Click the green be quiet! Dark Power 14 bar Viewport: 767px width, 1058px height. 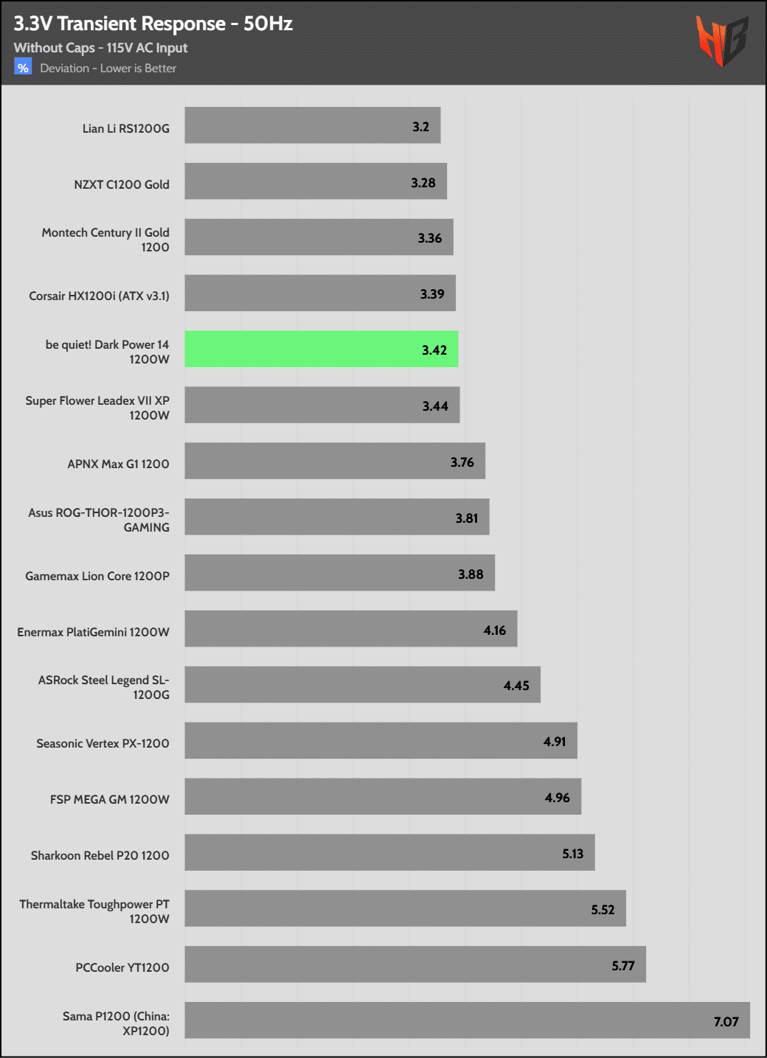[x=321, y=349]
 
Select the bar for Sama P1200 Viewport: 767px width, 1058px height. [x=467, y=1020]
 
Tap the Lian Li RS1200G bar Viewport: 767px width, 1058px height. [x=312, y=125]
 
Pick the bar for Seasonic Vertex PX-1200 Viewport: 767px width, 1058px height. [x=381, y=740]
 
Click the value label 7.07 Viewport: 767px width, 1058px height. [x=726, y=1022]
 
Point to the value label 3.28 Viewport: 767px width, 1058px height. [x=423, y=183]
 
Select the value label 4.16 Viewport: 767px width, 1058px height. [x=495, y=630]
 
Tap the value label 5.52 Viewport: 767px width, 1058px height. [x=603, y=910]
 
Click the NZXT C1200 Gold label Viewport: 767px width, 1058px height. [x=122, y=184]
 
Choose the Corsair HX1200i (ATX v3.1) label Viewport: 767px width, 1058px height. [x=99, y=296]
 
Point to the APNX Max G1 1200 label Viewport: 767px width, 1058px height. [x=118, y=464]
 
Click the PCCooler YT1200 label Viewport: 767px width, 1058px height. [x=122, y=967]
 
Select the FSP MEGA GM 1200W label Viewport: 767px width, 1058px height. [x=110, y=799]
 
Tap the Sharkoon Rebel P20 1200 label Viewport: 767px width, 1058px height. [x=100, y=855]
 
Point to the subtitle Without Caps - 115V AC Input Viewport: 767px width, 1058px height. [x=100, y=48]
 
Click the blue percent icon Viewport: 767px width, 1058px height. [x=23, y=68]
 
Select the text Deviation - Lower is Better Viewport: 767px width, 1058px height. [x=108, y=69]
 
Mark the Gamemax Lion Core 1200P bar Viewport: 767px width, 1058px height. [x=339, y=573]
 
